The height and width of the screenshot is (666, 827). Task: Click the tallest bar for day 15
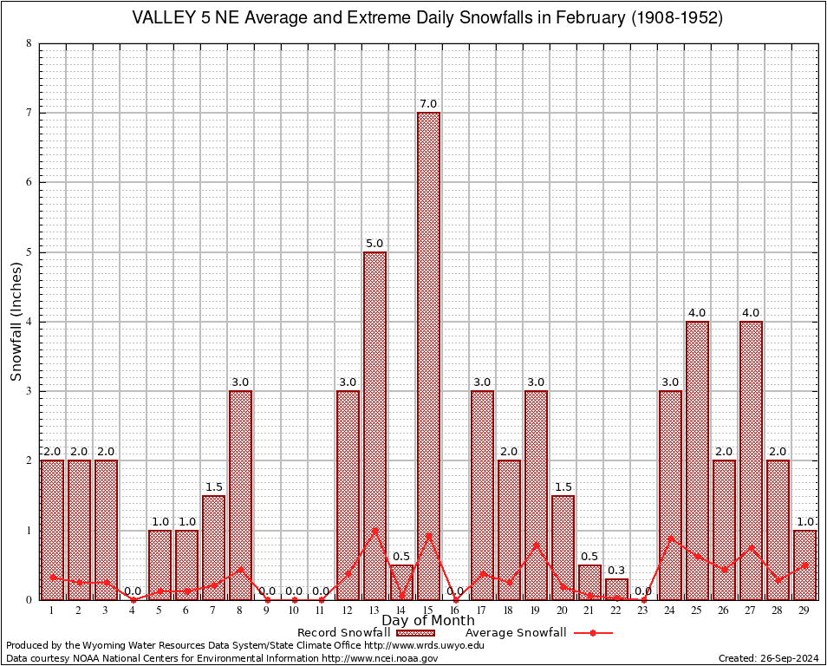click(428, 356)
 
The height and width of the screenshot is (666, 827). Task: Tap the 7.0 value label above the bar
click(428, 104)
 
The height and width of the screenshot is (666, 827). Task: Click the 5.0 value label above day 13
click(374, 244)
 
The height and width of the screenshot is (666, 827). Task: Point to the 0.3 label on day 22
click(616, 571)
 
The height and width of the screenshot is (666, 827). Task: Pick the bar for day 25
click(697, 460)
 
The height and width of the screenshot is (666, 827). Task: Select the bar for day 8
click(240, 494)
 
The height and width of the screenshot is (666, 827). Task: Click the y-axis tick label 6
click(29, 182)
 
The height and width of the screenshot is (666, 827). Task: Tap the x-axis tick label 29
click(804, 610)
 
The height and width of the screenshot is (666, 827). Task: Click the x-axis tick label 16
click(455, 610)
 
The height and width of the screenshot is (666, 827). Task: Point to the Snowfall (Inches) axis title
click(16, 322)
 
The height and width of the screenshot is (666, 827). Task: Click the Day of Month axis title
click(428, 621)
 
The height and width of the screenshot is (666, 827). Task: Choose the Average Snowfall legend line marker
click(592, 633)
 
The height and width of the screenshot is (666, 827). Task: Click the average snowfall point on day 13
click(374, 530)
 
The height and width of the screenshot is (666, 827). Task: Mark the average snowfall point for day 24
click(670, 538)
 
